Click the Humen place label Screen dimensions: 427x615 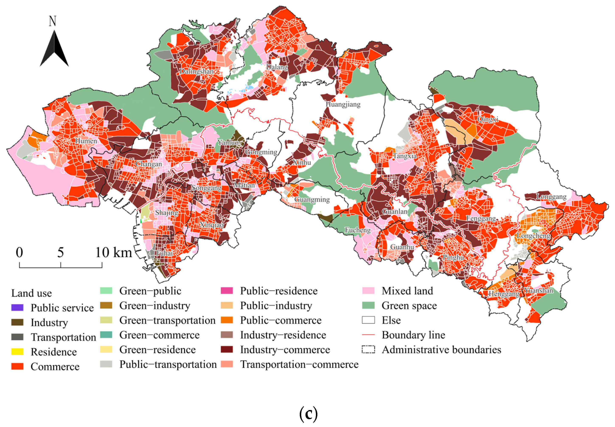tap(86, 141)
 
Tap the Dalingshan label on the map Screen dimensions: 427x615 tap(196, 71)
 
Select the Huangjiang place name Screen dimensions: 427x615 tap(343, 104)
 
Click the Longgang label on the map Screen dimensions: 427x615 tap(551, 197)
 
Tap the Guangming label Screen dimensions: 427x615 tap(312, 200)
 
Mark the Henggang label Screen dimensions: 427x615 tap(504, 294)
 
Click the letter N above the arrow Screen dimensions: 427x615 tap(52, 21)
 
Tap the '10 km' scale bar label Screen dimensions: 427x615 tap(114, 253)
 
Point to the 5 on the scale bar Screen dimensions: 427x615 tap(61, 253)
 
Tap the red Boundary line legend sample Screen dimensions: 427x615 tap(368, 335)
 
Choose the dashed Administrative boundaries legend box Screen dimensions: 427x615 tap(368, 350)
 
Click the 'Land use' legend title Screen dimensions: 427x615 tap(32, 293)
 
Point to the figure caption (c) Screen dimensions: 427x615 tap(308, 414)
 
